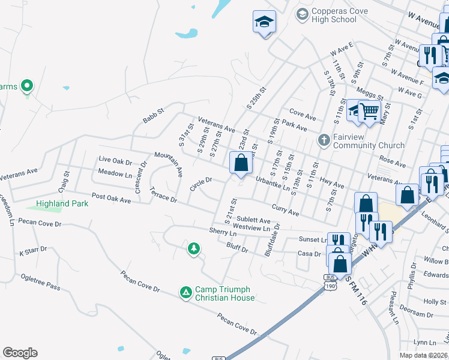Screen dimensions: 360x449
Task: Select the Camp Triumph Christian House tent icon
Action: (x=186, y=292)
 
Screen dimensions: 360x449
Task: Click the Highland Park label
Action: (x=62, y=203)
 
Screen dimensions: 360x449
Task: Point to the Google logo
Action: (x=20, y=353)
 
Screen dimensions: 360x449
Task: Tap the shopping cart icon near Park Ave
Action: (x=370, y=111)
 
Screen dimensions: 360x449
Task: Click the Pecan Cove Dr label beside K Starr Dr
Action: (x=41, y=224)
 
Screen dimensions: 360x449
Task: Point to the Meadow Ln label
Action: (x=115, y=174)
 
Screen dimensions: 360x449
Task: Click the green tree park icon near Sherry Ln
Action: (x=193, y=248)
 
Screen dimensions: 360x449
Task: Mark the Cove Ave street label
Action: (x=303, y=114)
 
